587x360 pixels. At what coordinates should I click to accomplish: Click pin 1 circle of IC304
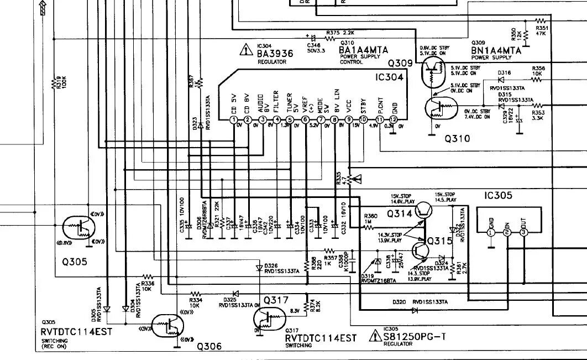coord(234,119)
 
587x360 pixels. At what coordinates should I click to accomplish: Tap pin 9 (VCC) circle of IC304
coord(349,119)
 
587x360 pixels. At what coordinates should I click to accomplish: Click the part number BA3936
coord(275,54)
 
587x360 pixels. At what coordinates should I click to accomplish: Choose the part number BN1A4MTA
coord(496,50)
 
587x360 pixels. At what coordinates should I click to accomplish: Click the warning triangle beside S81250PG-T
coord(375,336)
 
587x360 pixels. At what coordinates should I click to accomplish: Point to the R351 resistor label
coord(542,28)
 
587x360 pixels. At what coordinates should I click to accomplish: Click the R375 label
coord(333,33)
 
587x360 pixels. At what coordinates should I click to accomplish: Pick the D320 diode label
coord(399,302)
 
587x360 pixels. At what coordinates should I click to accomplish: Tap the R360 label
coord(370,216)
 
